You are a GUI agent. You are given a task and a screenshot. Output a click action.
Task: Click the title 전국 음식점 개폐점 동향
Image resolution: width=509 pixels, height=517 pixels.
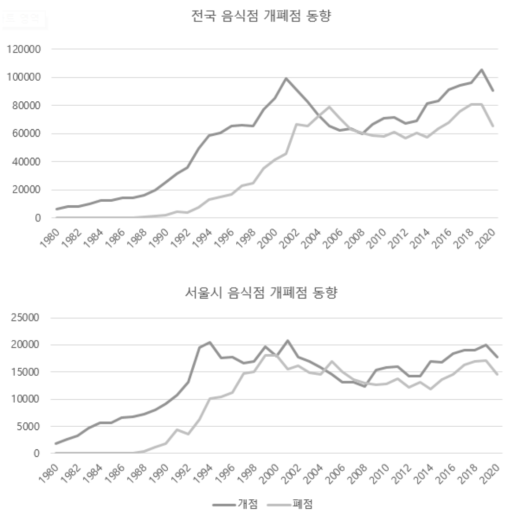[x=261, y=17]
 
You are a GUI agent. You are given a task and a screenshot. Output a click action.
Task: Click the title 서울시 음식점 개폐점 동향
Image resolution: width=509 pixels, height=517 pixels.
[x=261, y=293]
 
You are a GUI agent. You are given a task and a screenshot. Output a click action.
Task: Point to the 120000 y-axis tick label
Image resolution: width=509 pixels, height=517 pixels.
[x=24, y=49]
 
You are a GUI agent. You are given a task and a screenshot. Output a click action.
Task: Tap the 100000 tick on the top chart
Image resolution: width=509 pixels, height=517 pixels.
[x=24, y=78]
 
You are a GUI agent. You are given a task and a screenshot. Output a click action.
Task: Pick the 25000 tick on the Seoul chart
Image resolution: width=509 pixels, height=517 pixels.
[x=27, y=318]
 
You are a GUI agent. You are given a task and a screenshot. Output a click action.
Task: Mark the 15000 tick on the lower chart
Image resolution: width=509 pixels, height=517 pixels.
[x=27, y=372]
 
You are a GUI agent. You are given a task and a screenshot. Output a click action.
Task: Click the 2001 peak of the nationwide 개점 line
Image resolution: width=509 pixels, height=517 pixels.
[x=286, y=78]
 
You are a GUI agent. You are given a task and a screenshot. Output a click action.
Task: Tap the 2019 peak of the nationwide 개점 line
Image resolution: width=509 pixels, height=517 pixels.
[x=482, y=70]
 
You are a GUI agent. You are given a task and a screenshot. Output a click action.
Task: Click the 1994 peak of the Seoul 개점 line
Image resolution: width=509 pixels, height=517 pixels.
[x=210, y=342]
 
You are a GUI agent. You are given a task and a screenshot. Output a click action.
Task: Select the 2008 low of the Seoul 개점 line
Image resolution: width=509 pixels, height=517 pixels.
[x=365, y=387]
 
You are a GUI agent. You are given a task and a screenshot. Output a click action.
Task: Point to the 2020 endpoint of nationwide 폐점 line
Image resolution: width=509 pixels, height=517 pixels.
[x=493, y=126]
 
